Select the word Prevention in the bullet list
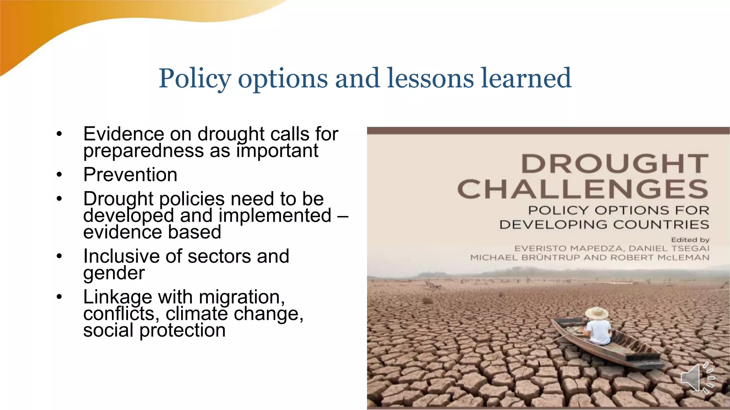point(130,174)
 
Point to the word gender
point(114,273)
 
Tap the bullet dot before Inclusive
point(59,256)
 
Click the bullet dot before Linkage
point(59,296)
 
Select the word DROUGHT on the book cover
point(615,164)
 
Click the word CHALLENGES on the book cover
point(583,189)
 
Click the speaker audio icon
point(697,378)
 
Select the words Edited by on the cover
point(690,240)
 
